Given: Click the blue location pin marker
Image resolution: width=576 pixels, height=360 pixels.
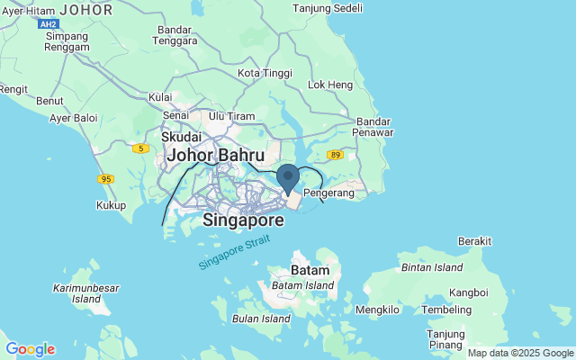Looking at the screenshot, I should click(287, 177).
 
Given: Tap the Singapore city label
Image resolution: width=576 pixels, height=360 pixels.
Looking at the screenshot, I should click(243, 220).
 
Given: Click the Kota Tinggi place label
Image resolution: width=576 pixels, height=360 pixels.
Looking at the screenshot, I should click(261, 73).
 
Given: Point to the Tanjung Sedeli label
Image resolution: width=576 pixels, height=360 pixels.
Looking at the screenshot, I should click(328, 9).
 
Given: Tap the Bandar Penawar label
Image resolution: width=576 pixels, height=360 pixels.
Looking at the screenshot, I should click(375, 126).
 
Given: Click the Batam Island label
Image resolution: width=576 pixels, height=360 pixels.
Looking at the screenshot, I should click(303, 285).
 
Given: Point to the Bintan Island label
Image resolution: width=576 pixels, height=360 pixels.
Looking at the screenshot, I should click(431, 267).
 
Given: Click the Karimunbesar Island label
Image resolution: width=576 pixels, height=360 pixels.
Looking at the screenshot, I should click(86, 293).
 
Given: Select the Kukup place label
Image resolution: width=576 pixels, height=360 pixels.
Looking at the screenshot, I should click(111, 205).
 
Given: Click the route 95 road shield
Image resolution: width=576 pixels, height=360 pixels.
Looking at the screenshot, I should click(106, 179).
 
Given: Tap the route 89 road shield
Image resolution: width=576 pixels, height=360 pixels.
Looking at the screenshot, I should click(335, 155).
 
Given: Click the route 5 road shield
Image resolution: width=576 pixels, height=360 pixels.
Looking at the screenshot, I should click(139, 148).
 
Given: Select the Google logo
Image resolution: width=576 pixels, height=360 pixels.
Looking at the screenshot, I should click(30, 349).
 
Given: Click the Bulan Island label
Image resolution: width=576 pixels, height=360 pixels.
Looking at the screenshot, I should click(261, 319).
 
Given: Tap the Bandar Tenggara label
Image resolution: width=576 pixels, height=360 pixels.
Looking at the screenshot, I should click(175, 34).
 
